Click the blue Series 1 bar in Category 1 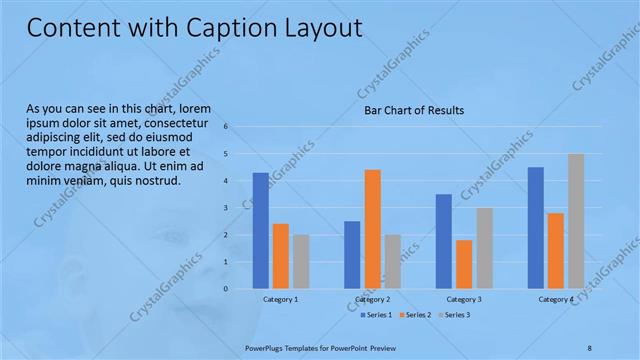tap(260, 230)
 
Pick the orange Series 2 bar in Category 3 tap(464, 264)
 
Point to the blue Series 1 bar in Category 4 tap(535, 227)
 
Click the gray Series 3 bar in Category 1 tap(301, 261)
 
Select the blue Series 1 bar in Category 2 tap(352, 254)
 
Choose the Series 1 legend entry tap(379, 315)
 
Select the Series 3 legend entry tap(457, 315)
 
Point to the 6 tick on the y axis tap(227, 127)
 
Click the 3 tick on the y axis tap(227, 208)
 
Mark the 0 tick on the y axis tap(227, 289)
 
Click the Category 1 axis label tap(280, 299)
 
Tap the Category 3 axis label tap(464, 299)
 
